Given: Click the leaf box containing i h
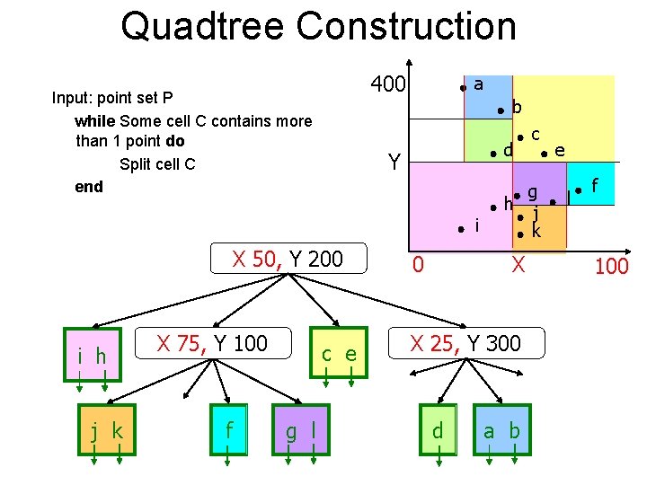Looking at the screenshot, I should pyautogui.click(x=93, y=356).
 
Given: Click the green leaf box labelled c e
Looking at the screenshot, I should pyautogui.click(x=339, y=355).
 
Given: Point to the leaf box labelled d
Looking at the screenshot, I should pyautogui.click(x=437, y=431).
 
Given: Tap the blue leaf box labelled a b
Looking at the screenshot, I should pyautogui.click(x=501, y=431).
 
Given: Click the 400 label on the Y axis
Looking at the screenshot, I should pyautogui.click(x=387, y=85).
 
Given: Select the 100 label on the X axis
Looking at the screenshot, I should pyautogui.click(x=611, y=266).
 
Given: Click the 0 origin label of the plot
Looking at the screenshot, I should pyautogui.click(x=417, y=264).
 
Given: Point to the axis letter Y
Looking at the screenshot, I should pyautogui.click(x=394, y=163).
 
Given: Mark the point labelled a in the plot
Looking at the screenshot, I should pyautogui.click(x=462, y=88).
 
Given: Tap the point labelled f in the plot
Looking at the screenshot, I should pyautogui.click(x=580, y=190).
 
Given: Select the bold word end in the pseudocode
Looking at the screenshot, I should pyautogui.click(x=89, y=187).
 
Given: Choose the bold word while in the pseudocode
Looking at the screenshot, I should pyautogui.click(x=94, y=120).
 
